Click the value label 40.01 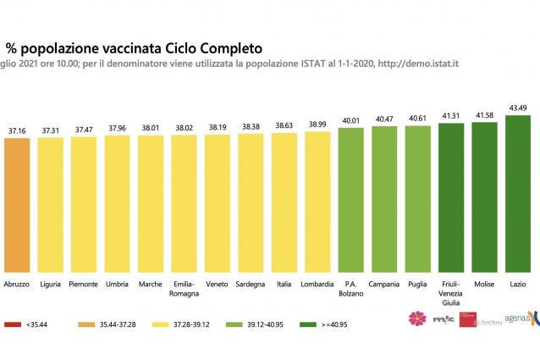pyautogui.click(x=350, y=119)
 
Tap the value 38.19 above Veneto pyautogui.click(x=218, y=125)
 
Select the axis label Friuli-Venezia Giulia pyautogui.click(x=450, y=292)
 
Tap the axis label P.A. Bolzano pyautogui.click(x=350, y=288)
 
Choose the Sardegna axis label pyautogui.click(x=251, y=284)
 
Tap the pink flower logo pyautogui.click(x=416, y=318)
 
